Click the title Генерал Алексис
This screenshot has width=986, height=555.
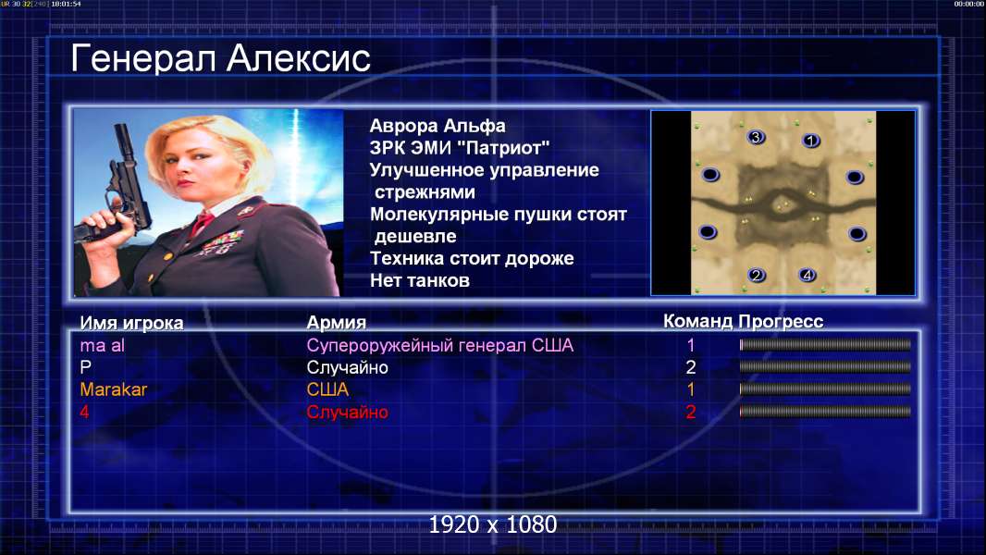[220, 58]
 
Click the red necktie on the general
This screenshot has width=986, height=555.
[203, 222]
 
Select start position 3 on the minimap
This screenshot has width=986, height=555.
[756, 136]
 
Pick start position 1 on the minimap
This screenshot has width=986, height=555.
[810, 141]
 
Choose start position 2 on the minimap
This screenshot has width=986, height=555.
[757, 275]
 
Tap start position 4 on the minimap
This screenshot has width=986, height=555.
[807, 275]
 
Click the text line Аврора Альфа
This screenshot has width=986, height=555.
[437, 126]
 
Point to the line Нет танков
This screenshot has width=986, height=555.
[419, 280]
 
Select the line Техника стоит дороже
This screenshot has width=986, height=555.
[472, 258]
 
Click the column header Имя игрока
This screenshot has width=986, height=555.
[131, 323]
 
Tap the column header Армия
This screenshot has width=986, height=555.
[337, 323]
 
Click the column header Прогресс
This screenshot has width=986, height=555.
[781, 322]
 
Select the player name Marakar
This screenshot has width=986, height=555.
[113, 389]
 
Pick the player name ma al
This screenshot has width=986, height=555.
[102, 345]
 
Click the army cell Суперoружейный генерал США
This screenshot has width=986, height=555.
[439, 346]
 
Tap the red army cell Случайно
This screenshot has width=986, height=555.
[347, 413]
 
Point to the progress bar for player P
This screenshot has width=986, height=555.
[825, 366]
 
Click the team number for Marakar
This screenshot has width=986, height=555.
[690, 389]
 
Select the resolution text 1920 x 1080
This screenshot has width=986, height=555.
[492, 524]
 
